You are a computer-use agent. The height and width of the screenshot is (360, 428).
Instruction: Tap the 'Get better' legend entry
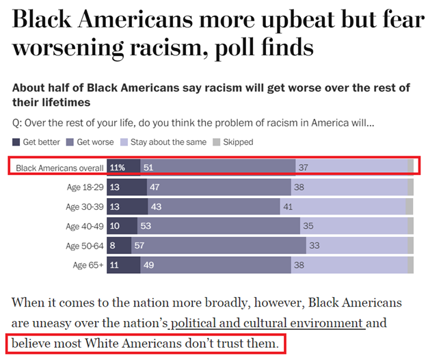[37, 142]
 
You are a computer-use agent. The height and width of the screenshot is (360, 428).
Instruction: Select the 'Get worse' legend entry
[90, 142]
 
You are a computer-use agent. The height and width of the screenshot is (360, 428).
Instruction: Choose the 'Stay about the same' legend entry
[162, 142]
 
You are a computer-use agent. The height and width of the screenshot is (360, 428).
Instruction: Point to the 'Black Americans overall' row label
[59, 167]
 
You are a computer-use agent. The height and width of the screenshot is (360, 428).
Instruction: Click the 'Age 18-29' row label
[85, 186]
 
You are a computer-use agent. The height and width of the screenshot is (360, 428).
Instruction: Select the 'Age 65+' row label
[88, 265]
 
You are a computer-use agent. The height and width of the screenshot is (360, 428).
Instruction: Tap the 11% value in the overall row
[118, 167]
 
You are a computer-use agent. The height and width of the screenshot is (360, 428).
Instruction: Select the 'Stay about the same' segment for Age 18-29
[349, 186]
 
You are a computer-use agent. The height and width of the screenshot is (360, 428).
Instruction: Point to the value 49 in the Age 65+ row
[148, 265]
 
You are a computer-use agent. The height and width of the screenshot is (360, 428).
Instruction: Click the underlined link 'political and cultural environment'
[268, 323]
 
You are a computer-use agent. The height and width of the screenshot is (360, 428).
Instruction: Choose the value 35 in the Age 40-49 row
[309, 226]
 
